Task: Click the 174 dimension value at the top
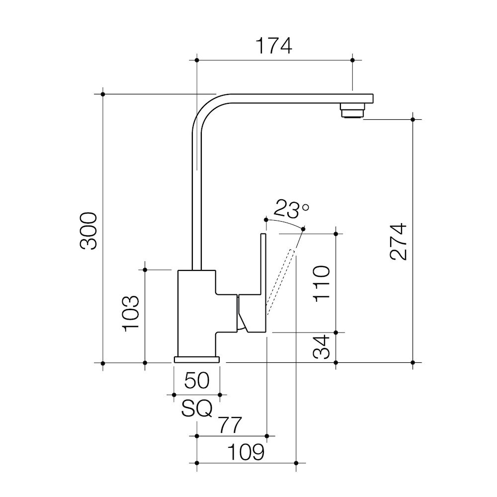click(274, 46)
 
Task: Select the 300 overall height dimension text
click(88, 231)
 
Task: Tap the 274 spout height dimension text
click(399, 242)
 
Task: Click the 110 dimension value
click(322, 284)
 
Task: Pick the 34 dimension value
click(322, 346)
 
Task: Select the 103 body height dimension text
click(131, 314)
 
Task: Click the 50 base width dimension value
click(197, 380)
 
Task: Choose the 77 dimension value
click(231, 425)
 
